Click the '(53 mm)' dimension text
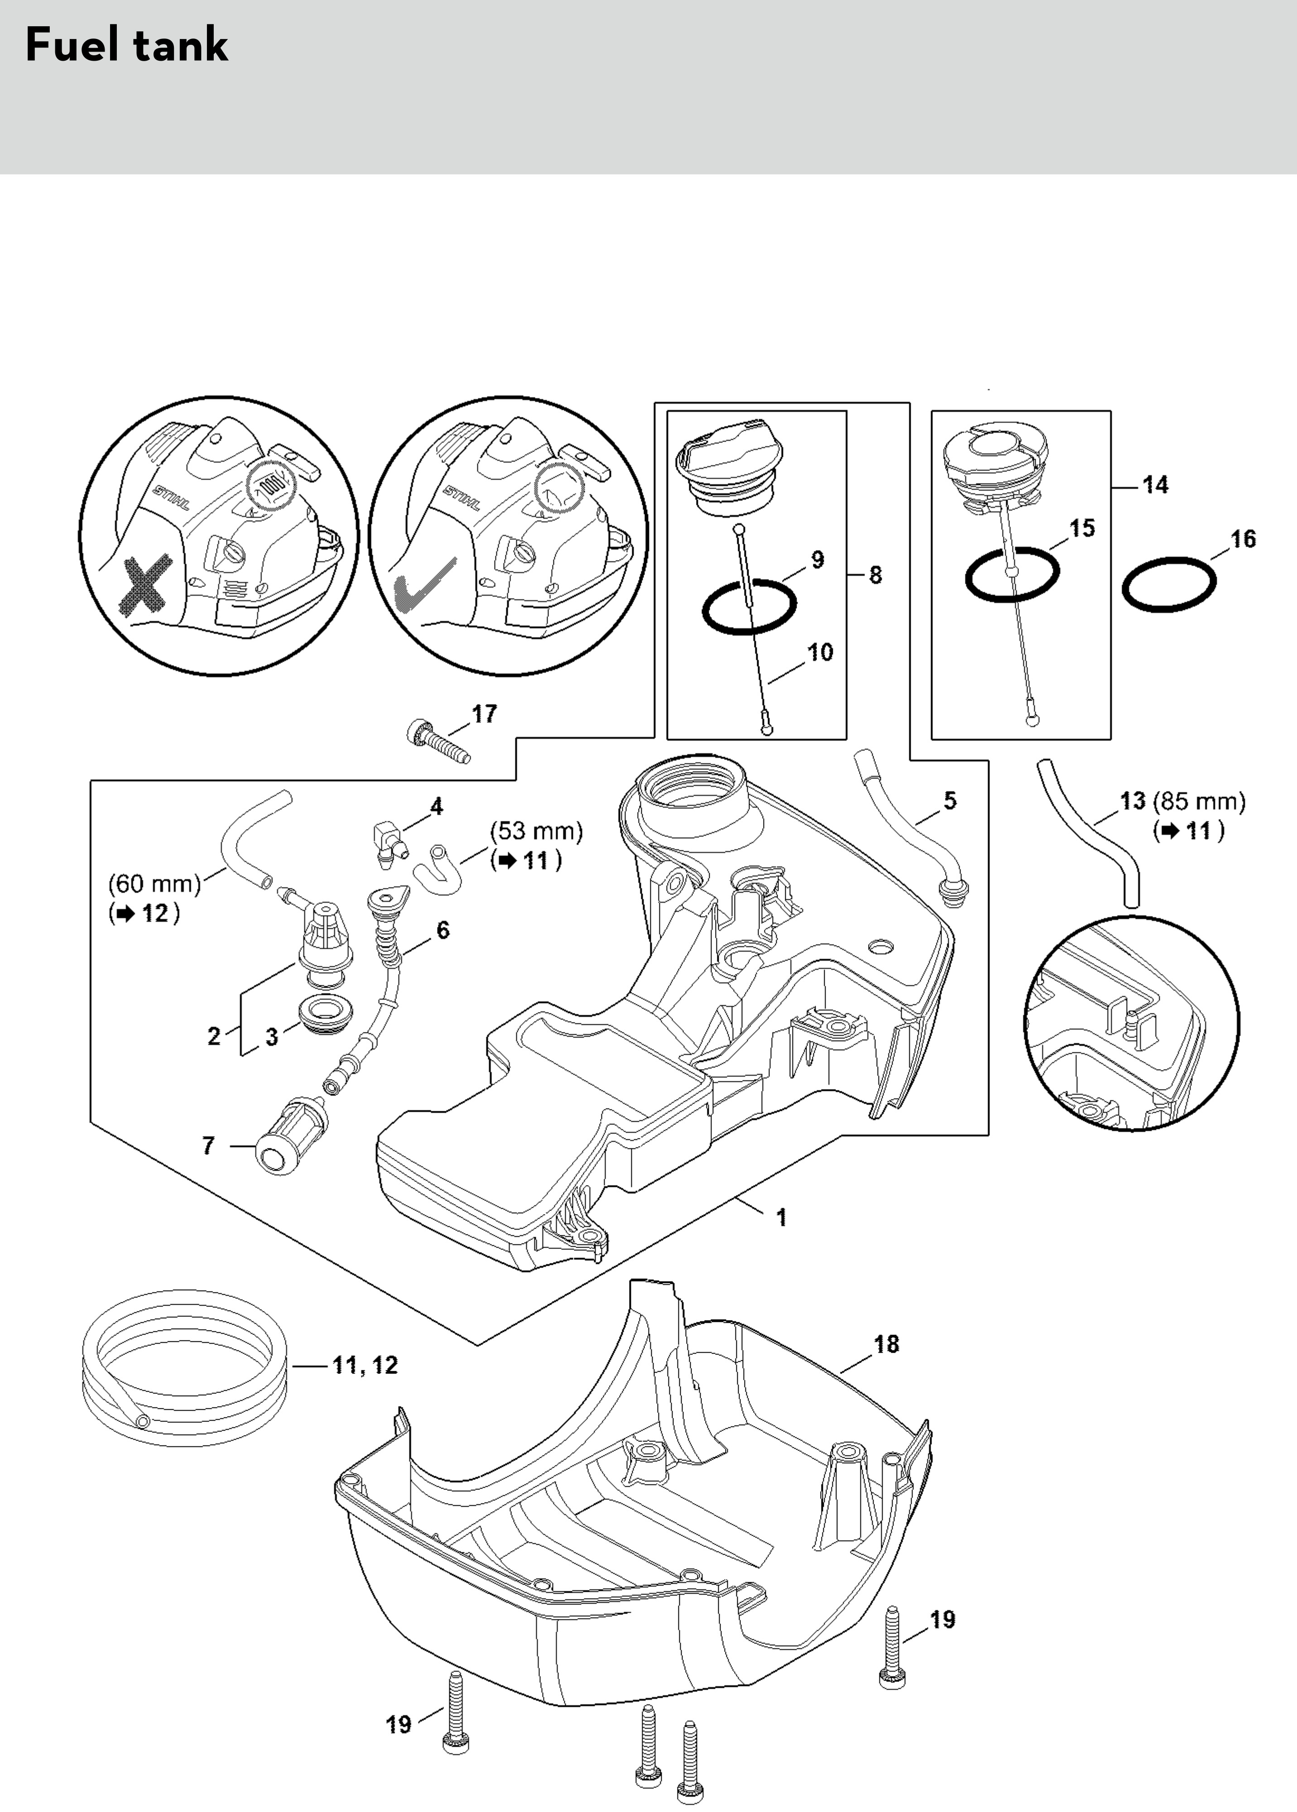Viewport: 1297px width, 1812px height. pyautogui.click(x=536, y=831)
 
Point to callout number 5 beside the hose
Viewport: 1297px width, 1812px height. pyautogui.click(x=950, y=800)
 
